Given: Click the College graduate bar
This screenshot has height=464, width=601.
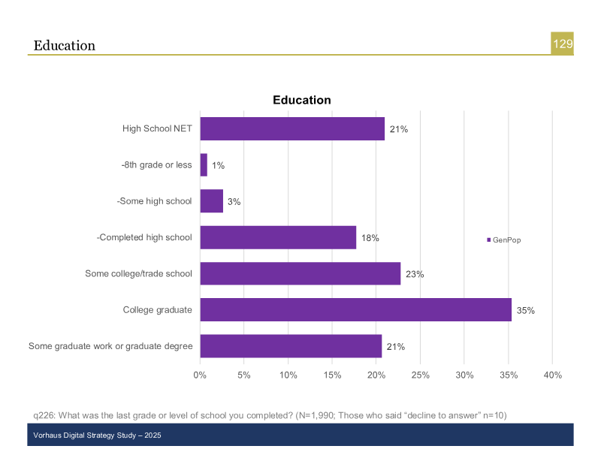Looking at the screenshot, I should pos(355,310).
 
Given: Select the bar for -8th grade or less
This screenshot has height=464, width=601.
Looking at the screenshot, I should pos(204,165).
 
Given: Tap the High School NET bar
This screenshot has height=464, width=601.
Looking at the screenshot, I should pos(292,129).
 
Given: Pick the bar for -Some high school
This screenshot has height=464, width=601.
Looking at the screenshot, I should pos(212,201).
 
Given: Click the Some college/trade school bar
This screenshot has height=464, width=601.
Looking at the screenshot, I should pos(300,274).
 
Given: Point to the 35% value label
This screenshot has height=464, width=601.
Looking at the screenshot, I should pos(525,311).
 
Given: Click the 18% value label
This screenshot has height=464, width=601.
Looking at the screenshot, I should pos(370,238).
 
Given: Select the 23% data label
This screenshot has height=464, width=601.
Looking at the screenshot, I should pos(415,275).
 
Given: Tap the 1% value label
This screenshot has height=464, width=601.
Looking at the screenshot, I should pos(218,166).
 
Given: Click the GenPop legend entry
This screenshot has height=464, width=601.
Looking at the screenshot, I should pos(504,240).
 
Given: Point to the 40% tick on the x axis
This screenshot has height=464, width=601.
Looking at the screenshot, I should pos(552,375).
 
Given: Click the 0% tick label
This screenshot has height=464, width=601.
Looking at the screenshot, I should pos(200,375).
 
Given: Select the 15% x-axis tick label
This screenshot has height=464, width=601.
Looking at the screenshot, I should pos(332,375).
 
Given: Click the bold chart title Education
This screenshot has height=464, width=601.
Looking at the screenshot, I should pos(301,100).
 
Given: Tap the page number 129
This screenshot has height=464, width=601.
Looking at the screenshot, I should pos(563,44).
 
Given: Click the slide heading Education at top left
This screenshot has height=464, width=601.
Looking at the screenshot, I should pos(65,46).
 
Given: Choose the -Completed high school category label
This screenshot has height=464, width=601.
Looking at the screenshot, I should pos(144,238).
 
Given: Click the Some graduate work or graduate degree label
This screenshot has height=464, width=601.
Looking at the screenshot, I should pos(110,346).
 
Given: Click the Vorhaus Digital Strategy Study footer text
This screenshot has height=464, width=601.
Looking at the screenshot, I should pos(98,435).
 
